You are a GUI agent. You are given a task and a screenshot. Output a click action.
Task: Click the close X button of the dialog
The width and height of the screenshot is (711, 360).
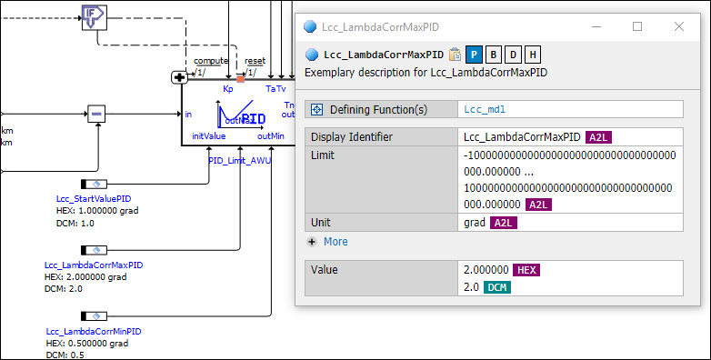(678, 27)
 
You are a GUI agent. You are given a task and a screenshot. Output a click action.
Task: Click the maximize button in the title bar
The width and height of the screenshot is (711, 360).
(636, 27)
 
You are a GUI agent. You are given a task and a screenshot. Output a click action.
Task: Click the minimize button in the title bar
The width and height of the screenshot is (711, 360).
(595, 27)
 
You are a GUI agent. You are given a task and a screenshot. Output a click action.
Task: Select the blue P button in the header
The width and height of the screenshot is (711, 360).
(474, 55)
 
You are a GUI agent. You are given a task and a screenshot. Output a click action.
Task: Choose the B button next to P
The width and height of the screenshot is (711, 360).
(493, 55)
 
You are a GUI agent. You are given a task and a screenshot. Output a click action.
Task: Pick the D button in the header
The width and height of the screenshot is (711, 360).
(513, 55)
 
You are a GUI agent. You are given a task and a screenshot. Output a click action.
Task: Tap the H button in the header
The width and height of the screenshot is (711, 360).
(532, 55)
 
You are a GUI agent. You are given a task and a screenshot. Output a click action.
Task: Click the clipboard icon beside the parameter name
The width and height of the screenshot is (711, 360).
(456, 55)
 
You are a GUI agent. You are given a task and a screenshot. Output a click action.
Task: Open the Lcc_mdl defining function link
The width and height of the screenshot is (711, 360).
(484, 110)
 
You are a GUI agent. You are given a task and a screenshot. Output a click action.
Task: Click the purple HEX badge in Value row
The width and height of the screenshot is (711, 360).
(526, 270)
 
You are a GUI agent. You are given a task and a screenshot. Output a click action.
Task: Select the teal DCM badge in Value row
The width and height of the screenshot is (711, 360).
(496, 287)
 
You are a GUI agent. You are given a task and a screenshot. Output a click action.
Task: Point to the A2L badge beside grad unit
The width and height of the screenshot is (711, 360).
(503, 223)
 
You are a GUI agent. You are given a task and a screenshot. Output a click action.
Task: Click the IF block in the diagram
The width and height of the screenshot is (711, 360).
(93, 15)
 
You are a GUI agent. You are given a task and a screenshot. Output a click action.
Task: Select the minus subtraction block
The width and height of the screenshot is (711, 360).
(98, 115)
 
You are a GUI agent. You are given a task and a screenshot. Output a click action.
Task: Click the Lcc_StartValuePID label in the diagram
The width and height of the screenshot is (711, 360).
(93, 198)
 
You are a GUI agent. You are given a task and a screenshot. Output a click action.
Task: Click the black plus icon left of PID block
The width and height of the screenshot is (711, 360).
(178, 77)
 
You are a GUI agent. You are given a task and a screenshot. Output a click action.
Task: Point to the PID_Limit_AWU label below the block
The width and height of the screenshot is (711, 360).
(240, 160)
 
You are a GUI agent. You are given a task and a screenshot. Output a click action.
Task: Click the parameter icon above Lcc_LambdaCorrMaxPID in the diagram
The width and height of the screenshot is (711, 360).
(94, 249)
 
